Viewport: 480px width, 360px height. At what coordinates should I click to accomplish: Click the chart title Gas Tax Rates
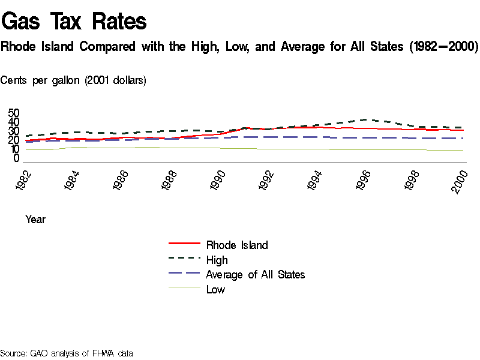(74, 22)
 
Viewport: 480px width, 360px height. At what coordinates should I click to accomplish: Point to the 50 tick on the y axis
(14, 113)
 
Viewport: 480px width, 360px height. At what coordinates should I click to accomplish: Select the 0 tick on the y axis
(17, 158)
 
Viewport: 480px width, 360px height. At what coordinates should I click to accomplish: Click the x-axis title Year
(35, 220)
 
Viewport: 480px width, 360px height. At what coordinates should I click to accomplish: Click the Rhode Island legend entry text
(237, 245)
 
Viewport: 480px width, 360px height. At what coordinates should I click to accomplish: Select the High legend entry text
(217, 260)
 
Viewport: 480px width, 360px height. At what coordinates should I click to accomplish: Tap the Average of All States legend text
(255, 275)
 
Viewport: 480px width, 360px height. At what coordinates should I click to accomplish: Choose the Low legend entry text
(215, 290)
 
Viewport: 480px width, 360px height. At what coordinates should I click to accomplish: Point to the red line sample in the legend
(185, 244)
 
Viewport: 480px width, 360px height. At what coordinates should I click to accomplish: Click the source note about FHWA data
(66, 353)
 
